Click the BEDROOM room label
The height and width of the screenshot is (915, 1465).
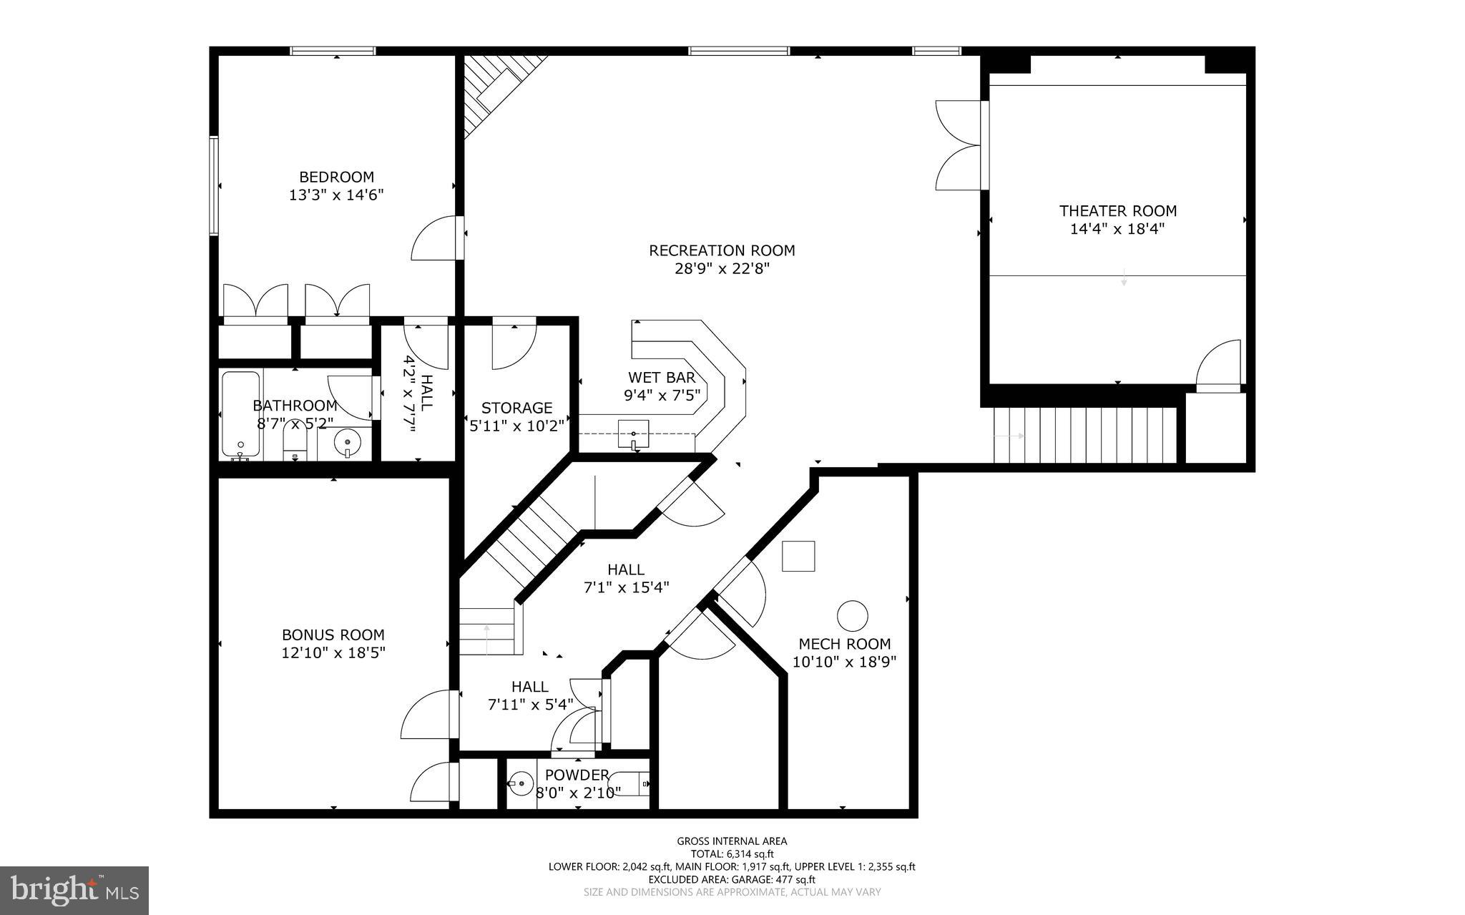(336, 177)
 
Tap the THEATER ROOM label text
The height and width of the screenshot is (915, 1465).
(1117, 211)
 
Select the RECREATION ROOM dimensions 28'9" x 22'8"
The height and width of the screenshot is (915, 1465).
(722, 269)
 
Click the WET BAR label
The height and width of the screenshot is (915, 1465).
(661, 378)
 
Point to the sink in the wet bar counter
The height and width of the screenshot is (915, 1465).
(633, 434)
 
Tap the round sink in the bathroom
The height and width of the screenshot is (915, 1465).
(348, 444)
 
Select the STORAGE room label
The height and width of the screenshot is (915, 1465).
(516, 408)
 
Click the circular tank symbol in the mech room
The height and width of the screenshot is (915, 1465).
(852, 615)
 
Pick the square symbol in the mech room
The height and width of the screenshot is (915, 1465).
(798, 556)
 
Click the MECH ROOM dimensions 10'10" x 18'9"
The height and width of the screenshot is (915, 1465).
(844, 662)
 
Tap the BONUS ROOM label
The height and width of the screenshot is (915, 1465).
(333, 635)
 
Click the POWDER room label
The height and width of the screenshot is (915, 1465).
(577, 775)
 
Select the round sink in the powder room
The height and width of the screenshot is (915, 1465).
(522, 784)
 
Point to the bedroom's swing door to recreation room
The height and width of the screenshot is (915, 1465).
(436, 240)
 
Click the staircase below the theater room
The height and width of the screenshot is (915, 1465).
(1084, 435)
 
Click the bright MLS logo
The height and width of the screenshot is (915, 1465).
(74, 890)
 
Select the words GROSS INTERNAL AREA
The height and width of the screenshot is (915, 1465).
(732, 841)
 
